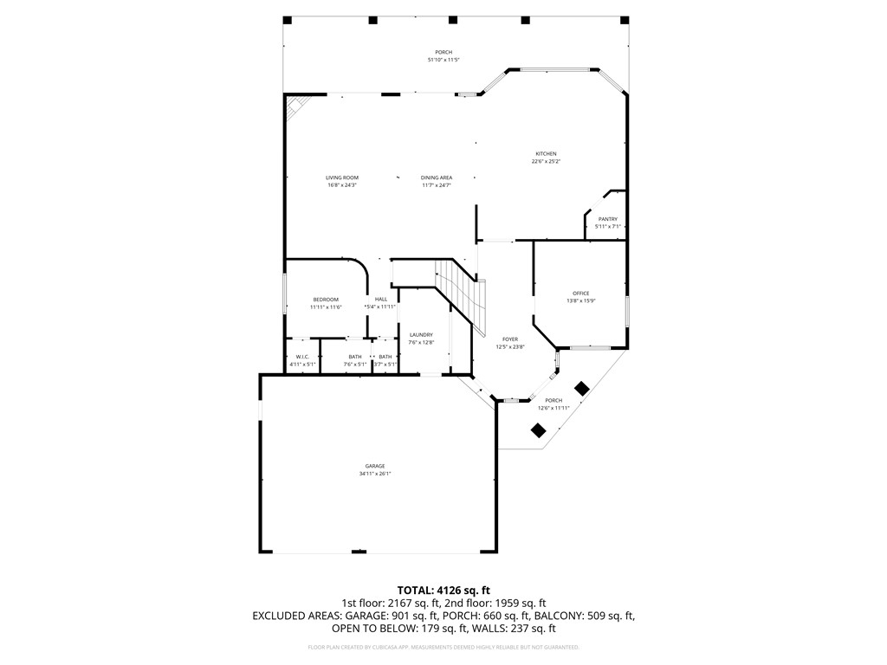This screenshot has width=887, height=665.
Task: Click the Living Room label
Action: [x=341, y=178]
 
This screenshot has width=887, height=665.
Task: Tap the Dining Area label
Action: [x=437, y=178]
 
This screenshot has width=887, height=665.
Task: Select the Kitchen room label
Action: [x=545, y=154]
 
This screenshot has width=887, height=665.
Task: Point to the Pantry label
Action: [x=607, y=219]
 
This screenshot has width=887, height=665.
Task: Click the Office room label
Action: [x=580, y=294]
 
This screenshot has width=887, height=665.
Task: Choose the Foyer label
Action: [x=510, y=339]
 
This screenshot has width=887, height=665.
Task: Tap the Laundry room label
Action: [x=421, y=335]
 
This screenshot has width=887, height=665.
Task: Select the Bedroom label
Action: [x=326, y=300]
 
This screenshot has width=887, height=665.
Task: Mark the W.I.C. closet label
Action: [x=302, y=357]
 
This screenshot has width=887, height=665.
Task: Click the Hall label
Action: [x=381, y=300]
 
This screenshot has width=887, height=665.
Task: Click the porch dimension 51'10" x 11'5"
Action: [x=443, y=60]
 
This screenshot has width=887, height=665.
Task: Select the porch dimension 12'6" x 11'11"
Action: [x=554, y=408]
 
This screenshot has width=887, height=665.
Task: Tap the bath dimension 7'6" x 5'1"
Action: [x=355, y=365]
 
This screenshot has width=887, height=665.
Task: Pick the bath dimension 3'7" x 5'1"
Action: [x=385, y=365]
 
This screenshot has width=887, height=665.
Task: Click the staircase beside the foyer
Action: [x=459, y=290]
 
